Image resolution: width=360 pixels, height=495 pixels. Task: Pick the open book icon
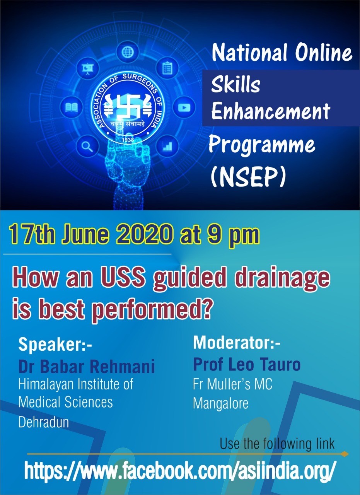pos(72,107)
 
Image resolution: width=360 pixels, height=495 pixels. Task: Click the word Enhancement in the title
pos(270,111)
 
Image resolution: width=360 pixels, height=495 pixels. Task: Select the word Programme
pos(262,145)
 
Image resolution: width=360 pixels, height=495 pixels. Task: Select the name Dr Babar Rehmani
pos(87,366)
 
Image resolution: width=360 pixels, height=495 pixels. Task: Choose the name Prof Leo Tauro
pos(247,364)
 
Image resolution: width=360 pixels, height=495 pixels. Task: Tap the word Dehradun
pos(43,422)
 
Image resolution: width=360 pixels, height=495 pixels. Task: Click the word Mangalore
pos(220,404)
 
